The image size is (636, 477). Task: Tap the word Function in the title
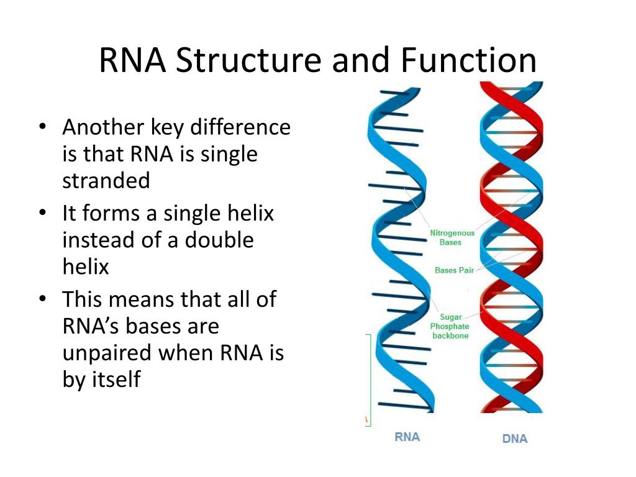(x=468, y=61)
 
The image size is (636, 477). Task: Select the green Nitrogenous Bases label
(x=452, y=237)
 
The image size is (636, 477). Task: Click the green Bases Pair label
(x=454, y=270)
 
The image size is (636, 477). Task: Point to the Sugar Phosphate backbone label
(x=450, y=326)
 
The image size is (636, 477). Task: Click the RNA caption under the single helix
(x=407, y=437)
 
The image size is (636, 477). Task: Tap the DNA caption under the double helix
(x=515, y=439)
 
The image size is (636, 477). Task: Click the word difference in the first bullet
(x=240, y=127)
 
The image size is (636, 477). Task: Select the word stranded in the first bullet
(x=106, y=180)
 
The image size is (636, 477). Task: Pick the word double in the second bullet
(x=222, y=240)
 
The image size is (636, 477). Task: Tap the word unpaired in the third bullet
(x=107, y=352)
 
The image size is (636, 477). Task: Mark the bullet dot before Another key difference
(x=42, y=127)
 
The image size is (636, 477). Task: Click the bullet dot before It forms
(x=42, y=214)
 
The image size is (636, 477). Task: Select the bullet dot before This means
(x=42, y=299)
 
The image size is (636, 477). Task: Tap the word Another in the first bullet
(x=103, y=127)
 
